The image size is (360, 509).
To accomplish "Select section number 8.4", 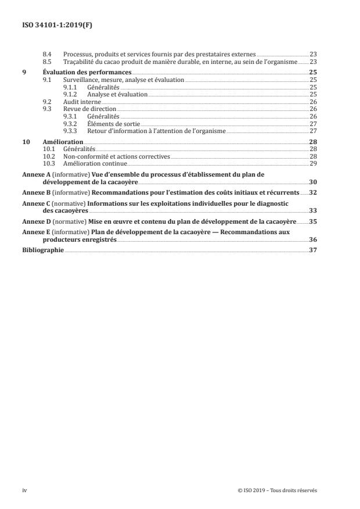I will (x=48, y=53).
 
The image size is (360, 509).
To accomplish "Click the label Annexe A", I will (x=38, y=174).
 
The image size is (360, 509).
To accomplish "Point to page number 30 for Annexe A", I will (x=312, y=182).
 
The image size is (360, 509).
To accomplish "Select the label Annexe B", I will (x=38, y=192).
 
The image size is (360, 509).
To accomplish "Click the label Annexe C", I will (x=38, y=203).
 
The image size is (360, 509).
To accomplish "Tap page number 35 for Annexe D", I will (x=313, y=221).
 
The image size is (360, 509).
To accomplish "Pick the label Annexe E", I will (x=38, y=231).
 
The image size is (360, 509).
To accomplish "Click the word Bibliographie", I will (x=43, y=250).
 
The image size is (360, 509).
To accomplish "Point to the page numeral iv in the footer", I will (x=24, y=490).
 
